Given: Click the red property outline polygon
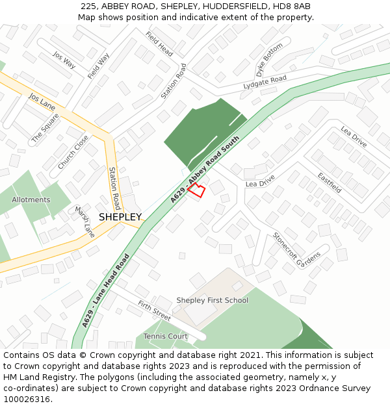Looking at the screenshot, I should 197,190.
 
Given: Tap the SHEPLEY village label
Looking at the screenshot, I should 120,217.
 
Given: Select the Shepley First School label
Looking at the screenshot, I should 213,300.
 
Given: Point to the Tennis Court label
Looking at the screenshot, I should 166,336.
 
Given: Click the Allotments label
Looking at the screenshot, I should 31,200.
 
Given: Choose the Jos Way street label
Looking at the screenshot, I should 64,60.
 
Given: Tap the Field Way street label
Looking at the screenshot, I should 98,66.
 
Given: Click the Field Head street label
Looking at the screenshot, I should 159,44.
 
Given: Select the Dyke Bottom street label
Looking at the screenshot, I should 270,58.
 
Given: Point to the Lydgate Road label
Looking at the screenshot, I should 265,82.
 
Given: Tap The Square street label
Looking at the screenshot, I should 45,128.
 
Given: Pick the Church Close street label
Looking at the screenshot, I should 73,153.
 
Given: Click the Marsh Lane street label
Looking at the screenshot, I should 85,222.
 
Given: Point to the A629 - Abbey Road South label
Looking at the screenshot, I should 205,169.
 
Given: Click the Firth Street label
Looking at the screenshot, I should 154,311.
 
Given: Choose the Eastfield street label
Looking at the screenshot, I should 330,183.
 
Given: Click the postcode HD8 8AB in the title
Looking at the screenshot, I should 291,6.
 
